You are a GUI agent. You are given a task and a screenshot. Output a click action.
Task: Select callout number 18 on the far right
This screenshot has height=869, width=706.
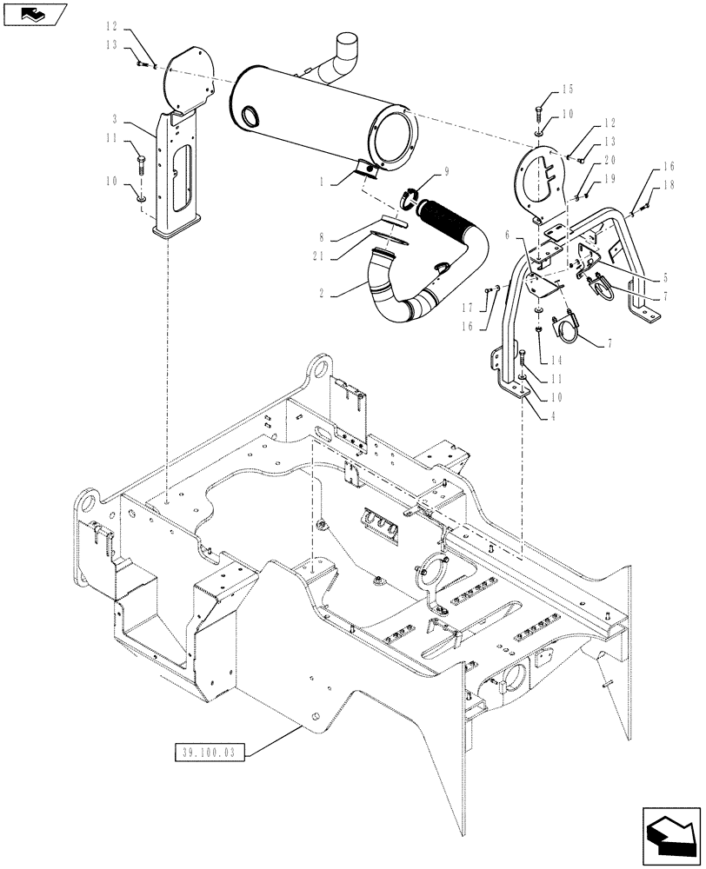(668, 185)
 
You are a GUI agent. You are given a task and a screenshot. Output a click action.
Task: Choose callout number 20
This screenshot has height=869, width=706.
(609, 161)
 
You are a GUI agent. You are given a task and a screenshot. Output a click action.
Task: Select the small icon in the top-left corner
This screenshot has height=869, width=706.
(34, 13)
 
